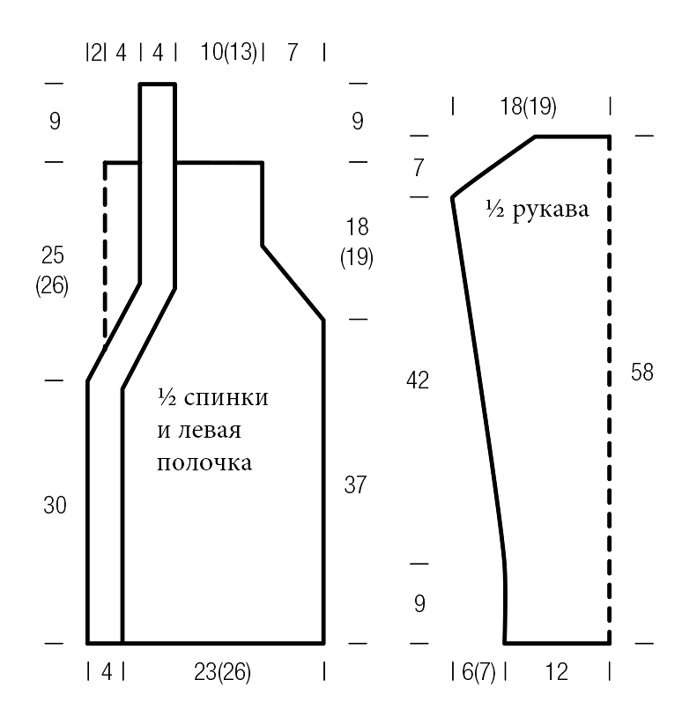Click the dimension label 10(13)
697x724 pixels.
pyautogui.click(x=228, y=52)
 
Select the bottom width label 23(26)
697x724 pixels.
pyautogui.click(x=222, y=672)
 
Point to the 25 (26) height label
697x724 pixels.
pyautogui.click(x=52, y=270)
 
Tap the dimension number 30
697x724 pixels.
pyautogui.click(x=55, y=506)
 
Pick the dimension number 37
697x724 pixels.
pyautogui.click(x=355, y=484)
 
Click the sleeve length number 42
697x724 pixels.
pyautogui.click(x=418, y=380)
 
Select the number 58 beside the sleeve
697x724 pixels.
pyautogui.click(x=642, y=373)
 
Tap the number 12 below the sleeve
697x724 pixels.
pyautogui.click(x=556, y=672)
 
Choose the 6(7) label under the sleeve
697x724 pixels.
pyautogui.click(x=478, y=672)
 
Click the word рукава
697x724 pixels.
pyautogui.click(x=551, y=211)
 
